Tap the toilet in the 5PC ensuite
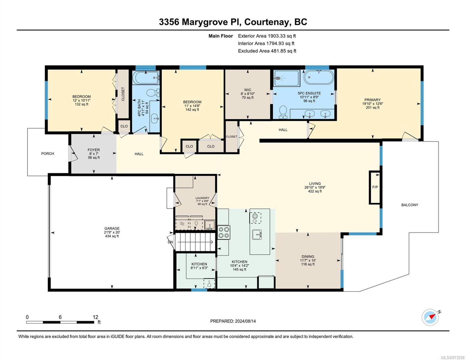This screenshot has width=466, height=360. point(283,112)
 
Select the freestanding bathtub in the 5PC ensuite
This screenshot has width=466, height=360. point(319,77)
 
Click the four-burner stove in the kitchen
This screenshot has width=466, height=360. point(224,232)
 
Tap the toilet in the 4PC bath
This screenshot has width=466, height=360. point(153,93)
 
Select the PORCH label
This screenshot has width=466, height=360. point(48,154)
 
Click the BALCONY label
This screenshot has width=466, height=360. point(410,205)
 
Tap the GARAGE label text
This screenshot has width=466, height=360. point(112,228)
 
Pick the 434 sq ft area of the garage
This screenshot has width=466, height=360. point(112,236)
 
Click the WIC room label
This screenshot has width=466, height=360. point(248,90)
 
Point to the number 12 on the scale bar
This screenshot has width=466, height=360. point(95,317)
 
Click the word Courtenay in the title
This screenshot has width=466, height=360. point(267,22)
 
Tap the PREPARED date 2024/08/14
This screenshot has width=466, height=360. point(245,321)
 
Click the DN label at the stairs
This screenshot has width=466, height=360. point(170,242)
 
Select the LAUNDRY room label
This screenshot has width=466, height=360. point(202,198)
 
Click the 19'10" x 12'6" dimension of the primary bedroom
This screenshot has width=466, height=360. point(372,103)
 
